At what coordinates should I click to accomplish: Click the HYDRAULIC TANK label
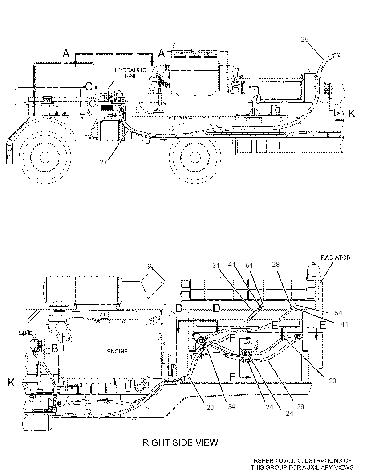130,73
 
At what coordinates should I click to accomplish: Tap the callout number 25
305,39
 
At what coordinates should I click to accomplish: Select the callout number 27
104,162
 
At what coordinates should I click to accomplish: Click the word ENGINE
118,352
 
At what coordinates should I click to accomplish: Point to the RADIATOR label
336,258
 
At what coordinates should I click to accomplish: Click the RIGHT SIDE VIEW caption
180,442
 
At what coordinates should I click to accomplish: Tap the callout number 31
216,266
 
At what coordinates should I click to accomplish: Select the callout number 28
276,265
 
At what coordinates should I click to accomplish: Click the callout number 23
333,381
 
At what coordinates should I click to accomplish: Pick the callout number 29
300,406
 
